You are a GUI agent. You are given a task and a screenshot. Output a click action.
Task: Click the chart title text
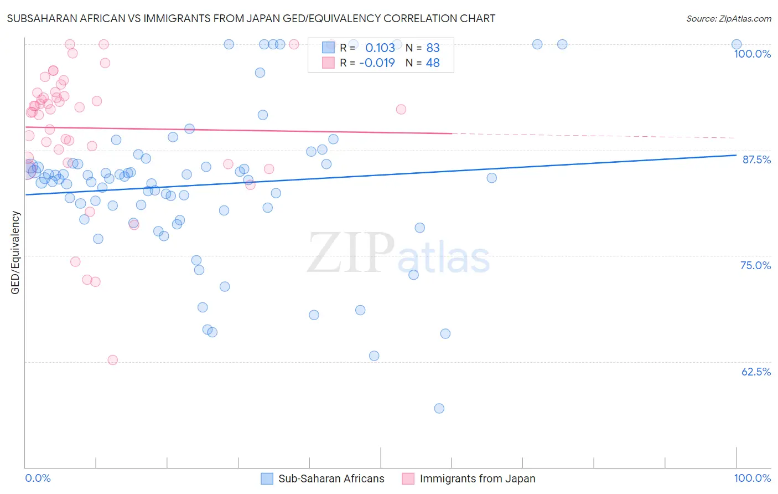[251, 18]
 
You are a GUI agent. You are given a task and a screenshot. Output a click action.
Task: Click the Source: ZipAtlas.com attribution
[728, 18]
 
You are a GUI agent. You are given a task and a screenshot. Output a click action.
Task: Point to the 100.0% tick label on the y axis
[752, 54]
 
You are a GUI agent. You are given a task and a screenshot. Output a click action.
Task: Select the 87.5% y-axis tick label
[756, 159]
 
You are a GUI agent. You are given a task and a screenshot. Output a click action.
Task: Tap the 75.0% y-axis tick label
[755, 265]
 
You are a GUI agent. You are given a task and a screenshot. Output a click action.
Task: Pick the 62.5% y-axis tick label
[756, 372]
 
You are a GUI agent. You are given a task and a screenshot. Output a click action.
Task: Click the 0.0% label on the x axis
[38, 478]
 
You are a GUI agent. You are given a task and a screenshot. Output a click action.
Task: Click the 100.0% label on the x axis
[752, 478]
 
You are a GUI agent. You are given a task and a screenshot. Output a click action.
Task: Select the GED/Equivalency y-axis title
[15, 253]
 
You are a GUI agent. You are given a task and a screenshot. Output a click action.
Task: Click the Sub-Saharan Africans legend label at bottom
[331, 478]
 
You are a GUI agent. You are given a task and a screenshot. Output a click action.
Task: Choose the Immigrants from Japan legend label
[477, 478]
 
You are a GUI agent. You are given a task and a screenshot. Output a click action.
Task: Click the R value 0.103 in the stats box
[380, 48]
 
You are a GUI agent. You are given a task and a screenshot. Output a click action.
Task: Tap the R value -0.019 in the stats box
[377, 63]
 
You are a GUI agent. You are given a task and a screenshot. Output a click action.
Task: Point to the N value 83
[433, 48]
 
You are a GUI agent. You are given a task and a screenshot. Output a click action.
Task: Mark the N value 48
[433, 63]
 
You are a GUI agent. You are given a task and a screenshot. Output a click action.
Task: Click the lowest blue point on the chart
[439, 408]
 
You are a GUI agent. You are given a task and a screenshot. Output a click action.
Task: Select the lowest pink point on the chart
[113, 360]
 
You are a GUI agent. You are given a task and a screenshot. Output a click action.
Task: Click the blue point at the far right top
[736, 44]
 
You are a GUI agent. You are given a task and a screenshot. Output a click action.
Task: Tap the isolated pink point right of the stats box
[401, 109]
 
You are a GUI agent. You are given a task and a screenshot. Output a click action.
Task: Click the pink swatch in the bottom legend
[408, 478]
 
